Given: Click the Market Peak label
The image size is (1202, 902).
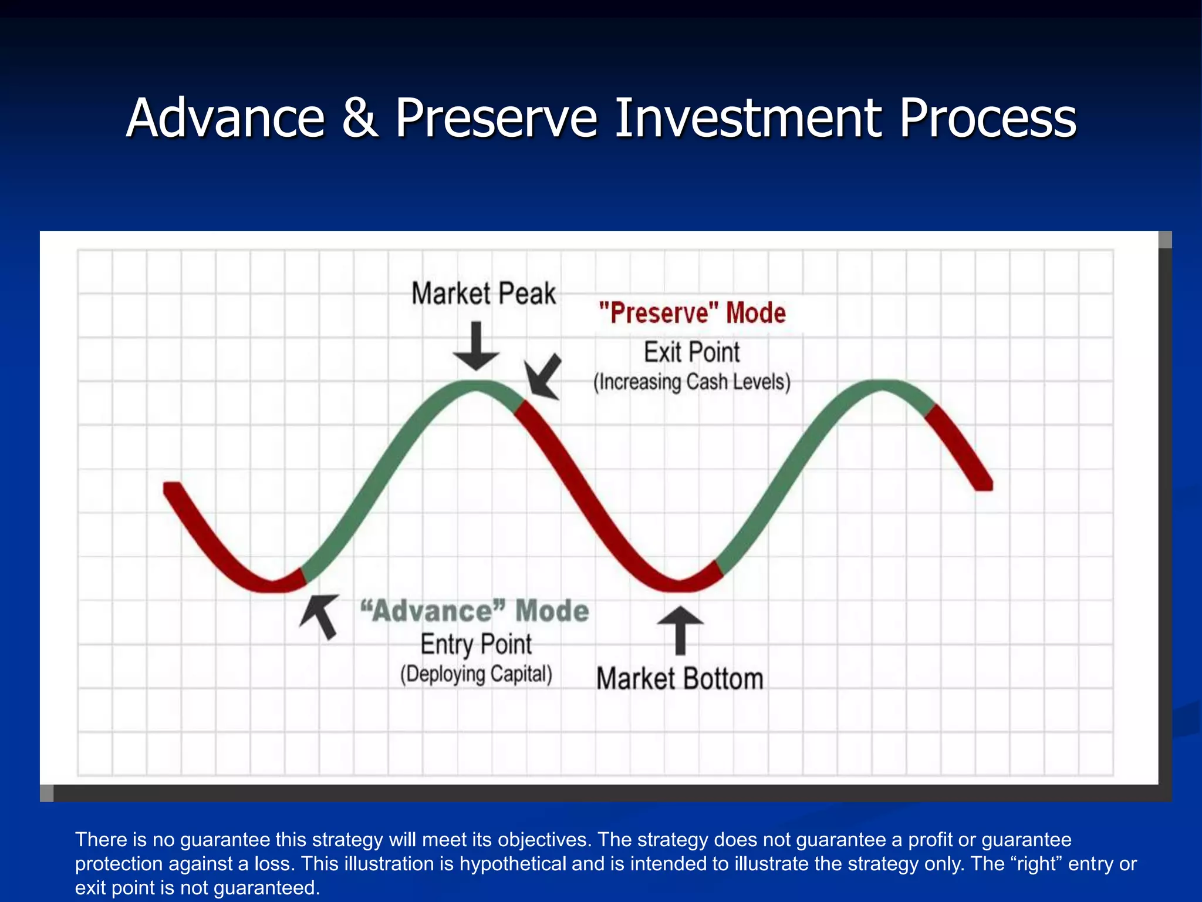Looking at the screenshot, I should tap(483, 294).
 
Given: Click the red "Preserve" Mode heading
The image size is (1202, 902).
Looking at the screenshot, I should tap(692, 313).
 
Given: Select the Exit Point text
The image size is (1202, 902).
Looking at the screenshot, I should tap(692, 352).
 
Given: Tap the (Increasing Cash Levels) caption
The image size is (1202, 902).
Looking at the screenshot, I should tap(692, 382).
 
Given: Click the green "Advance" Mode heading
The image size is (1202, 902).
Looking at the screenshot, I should tap(474, 611).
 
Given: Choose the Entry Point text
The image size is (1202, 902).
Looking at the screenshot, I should tap(476, 644).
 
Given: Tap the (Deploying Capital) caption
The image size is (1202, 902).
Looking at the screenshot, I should tap(476, 674).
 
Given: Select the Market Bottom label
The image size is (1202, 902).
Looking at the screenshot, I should tap(680, 679).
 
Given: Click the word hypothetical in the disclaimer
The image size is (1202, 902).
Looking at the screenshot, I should tap(508, 864).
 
